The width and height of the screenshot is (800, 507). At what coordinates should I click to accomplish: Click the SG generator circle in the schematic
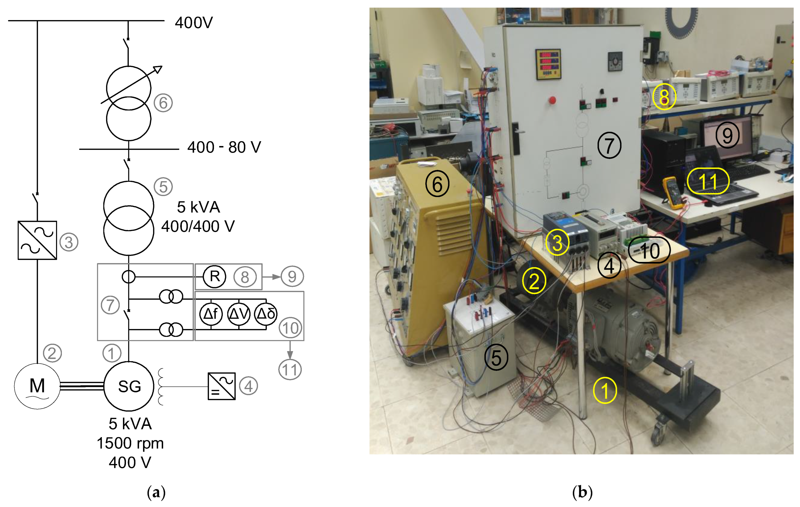[x=129, y=386]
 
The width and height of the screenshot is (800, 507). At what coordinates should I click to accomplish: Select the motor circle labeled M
[x=37, y=386]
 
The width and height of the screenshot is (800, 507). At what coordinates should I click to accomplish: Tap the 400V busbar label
[x=194, y=22]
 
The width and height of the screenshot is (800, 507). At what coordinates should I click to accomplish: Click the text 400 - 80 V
[x=224, y=147]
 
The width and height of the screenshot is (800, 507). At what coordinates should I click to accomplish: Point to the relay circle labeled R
[x=215, y=276]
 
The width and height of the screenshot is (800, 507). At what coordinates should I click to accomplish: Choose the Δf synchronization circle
[x=211, y=314]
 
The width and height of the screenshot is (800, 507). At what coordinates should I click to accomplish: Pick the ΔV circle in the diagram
[x=239, y=314]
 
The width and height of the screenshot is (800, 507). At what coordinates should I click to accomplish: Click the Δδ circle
[x=266, y=314]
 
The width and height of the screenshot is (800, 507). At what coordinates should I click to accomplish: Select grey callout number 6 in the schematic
[x=163, y=103]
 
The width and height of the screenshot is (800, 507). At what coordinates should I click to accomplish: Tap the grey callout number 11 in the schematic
[x=290, y=369]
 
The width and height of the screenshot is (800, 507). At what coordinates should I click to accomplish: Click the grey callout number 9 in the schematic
[x=292, y=276]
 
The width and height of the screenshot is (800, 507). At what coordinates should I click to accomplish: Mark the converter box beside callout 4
[x=221, y=386]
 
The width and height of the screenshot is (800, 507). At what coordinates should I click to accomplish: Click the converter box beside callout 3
[x=37, y=240]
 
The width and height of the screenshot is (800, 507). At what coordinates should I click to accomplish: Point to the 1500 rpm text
[x=130, y=443]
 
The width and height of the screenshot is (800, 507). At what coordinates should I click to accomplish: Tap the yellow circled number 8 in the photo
[x=664, y=97]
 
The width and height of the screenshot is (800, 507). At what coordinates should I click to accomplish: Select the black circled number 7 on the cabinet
[x=609, y=145]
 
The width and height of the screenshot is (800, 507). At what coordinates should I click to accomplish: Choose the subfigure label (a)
[x=156, y=492]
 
